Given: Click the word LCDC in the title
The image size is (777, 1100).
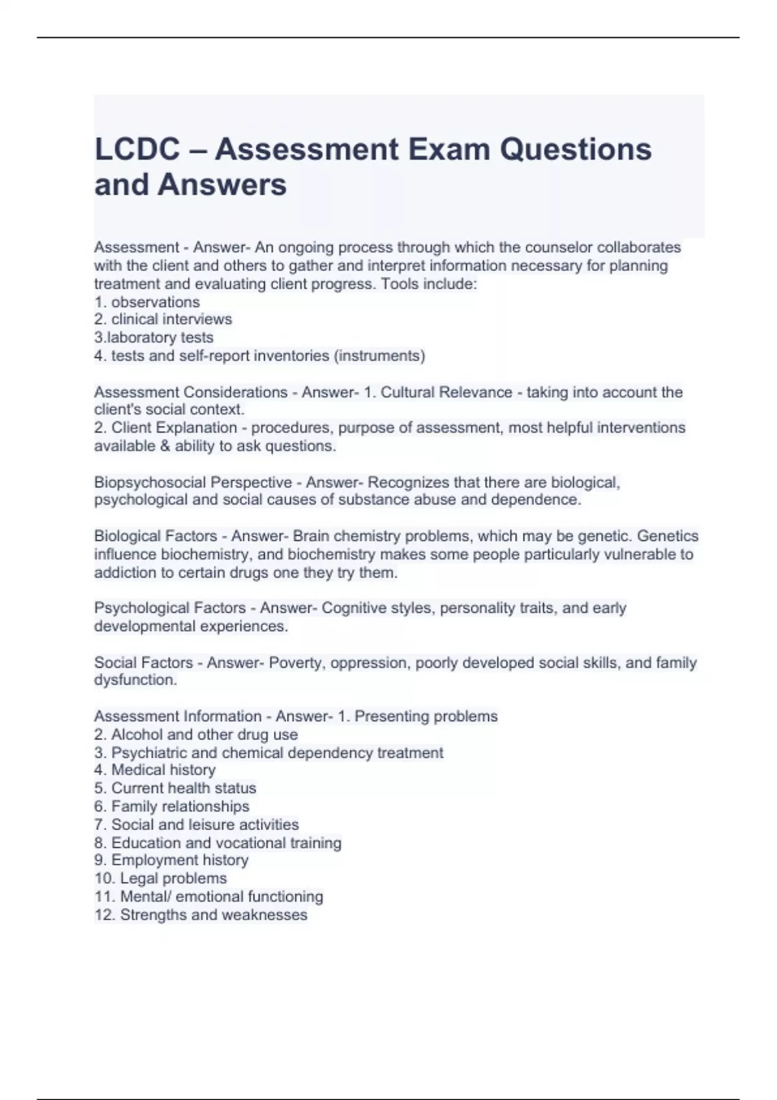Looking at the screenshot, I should tap(137, 149).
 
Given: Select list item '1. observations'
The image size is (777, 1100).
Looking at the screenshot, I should tap(147, 302).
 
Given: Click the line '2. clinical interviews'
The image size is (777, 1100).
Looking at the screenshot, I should tap(163, 320).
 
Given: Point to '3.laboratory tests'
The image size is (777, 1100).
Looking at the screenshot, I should tap(153, 338).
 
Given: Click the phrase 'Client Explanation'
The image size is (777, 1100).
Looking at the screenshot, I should tap(174, 428).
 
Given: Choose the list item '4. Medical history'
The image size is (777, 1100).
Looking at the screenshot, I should tap(155, 770).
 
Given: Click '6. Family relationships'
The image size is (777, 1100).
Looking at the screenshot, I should tap(172, 806).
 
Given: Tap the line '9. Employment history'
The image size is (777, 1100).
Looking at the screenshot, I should tap(171, 861).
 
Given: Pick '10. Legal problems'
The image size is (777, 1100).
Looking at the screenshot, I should tap(161, 879).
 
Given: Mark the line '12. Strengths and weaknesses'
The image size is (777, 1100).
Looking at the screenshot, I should tap(201, 915).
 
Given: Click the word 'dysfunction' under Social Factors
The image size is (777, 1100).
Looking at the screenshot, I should tap(134, 680).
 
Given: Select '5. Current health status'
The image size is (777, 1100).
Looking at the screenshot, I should tap(175, 788).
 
